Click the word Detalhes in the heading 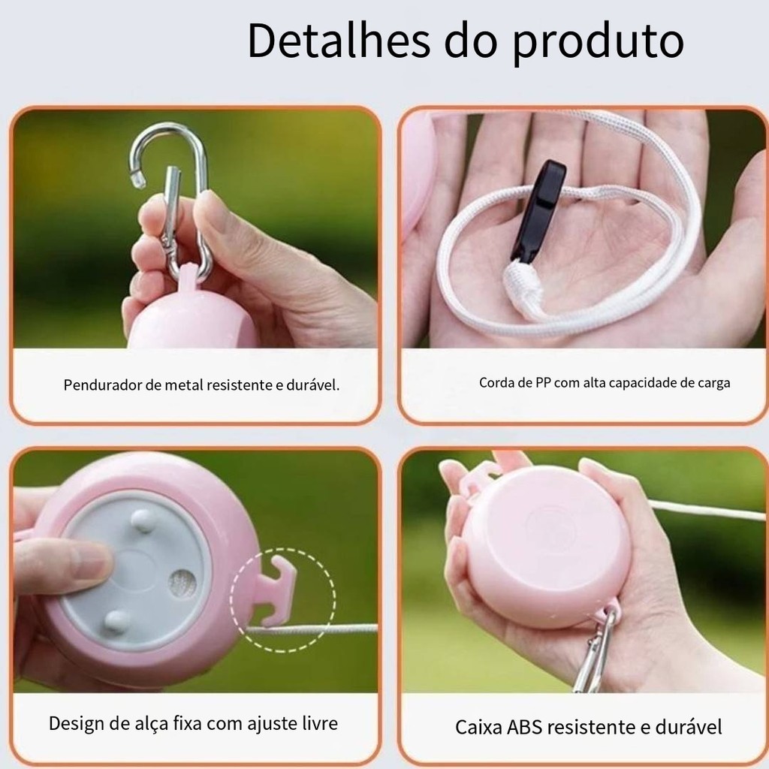click(x=339, y=41)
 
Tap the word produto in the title click(x=598, y=44)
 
